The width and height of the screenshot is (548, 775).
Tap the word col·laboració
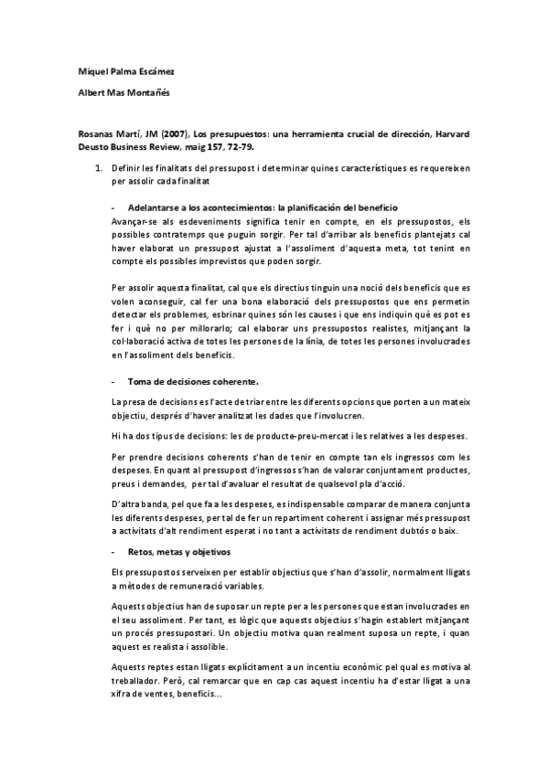pos(136,343)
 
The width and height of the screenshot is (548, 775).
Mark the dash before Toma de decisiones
pos(112,380)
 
